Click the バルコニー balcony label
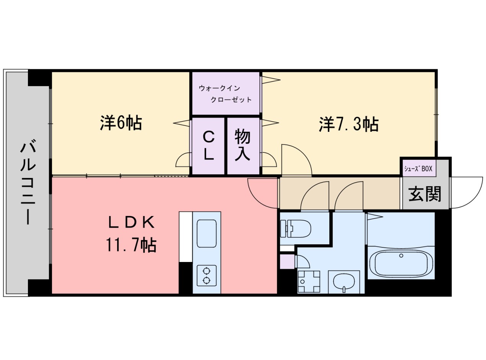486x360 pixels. (x=28, y=183)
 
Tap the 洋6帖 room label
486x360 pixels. (x=121, y=123)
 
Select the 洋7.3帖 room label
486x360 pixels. (x=349, y=124)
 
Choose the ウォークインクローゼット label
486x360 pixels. (x=225, y=94)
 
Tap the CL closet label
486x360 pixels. (x=208, y=146)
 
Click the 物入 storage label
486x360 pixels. (x=243, y=146)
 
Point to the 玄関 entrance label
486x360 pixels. (x=425, y=194)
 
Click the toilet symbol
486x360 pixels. (x=295, y=229)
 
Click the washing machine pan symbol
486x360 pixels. (x=309, y=281)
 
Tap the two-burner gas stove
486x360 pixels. (x=207, y=275)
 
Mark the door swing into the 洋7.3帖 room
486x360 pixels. (x=296, y=159)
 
